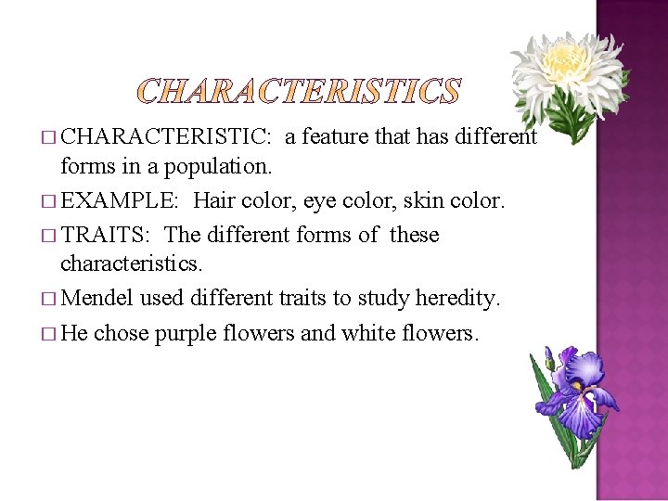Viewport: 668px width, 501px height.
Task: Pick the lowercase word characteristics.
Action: click(x=130, y=264)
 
